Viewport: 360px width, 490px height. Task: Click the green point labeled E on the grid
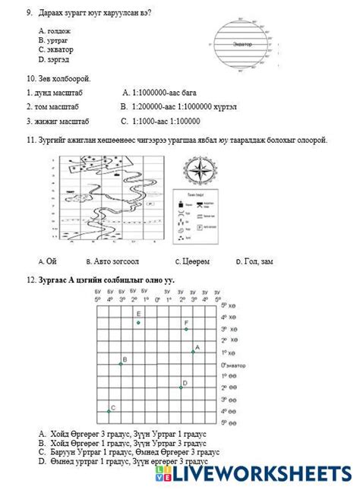tap(138, 323)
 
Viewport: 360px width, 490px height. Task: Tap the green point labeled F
tap(186, 329)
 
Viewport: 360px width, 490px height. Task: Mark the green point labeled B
tap(120, 365)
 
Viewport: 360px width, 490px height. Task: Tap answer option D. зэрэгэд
tap(53, 58)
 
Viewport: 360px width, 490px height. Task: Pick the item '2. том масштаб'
tap(52, 106)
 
